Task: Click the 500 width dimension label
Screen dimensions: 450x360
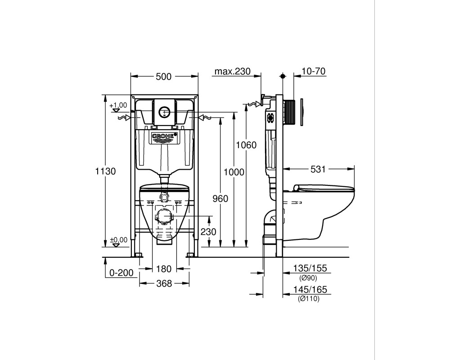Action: coord(164,76)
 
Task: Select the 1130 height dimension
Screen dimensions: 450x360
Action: coord(106,171)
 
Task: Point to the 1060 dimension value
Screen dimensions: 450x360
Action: coord(246,145)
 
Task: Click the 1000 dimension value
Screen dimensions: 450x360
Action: coord(234,172)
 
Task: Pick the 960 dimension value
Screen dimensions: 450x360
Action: coord(220,198)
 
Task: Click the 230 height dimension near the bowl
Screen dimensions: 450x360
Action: coord(208,232)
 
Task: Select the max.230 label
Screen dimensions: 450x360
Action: coord(233,71)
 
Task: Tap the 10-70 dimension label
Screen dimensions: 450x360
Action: coord(314,71)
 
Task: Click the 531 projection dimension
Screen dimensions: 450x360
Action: coord(318,169)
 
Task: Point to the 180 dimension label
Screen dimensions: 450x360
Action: coord(164,269)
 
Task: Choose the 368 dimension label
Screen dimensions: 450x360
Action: coord(164,283)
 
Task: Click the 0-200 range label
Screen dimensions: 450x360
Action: coord(121,272)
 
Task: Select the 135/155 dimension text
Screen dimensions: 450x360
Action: coord(310,268)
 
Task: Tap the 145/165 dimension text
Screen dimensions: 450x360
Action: coord(310,289)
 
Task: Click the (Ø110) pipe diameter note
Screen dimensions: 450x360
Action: coord(309,299)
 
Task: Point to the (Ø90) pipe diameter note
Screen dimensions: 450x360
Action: coord(309,278)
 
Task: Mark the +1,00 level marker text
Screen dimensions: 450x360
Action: coord(118,105)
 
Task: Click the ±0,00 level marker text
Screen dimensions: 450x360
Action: coord(119,240)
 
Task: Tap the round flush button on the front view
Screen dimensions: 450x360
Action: coord(164,112)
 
